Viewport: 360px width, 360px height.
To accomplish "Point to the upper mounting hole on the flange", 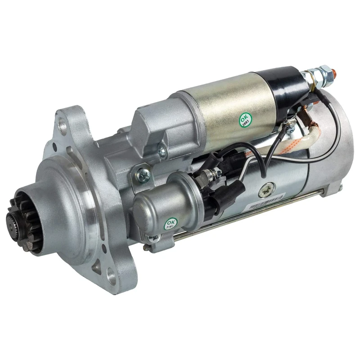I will coord(63,127).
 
